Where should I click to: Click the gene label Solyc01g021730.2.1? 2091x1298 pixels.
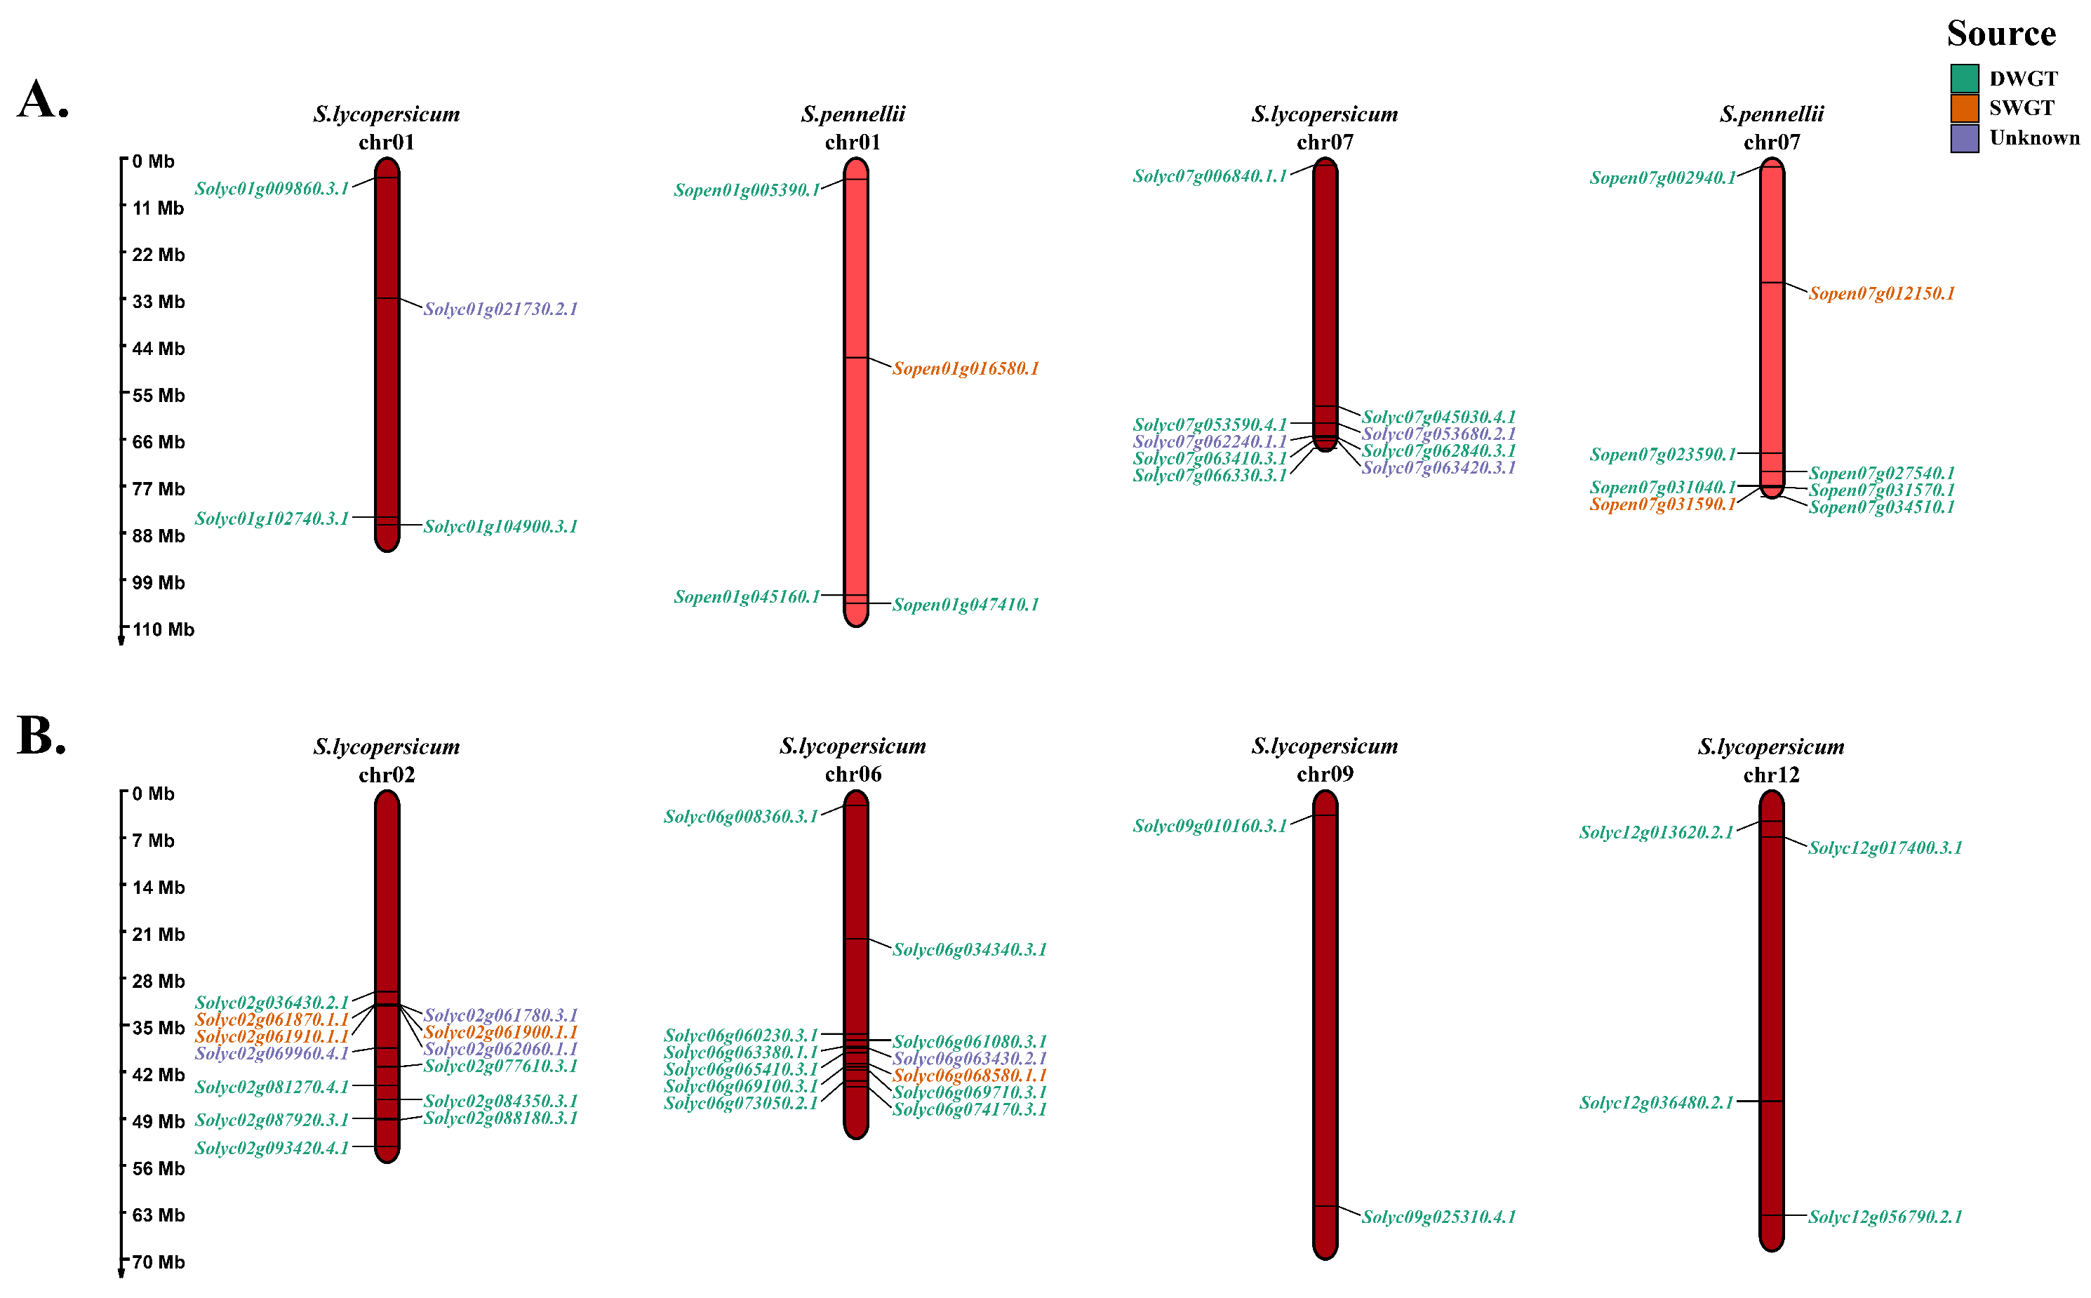[x=500, y=309]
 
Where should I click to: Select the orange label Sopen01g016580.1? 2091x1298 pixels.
[x=966, y=368]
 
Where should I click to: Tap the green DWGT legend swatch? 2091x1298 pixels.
[x=1964, y=78]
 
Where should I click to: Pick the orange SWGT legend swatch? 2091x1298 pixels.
[x=1964, y=108]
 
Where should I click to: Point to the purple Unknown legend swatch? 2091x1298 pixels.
[x=1964, y=138]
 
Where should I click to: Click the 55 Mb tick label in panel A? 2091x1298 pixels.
[x=158, y=396]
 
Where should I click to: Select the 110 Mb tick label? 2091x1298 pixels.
[x=163, y=630]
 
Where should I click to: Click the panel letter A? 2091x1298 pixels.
[x=42, y=100]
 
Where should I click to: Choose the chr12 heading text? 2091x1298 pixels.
[x=1771, y=775]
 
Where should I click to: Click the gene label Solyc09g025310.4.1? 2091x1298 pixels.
[x=1438, y=1217]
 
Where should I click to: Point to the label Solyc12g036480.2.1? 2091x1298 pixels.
[x=1656, y=1102]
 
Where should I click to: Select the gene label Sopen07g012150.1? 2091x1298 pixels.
[x=1882, y=293]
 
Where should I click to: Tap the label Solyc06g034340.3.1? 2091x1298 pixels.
[x=969, y=949]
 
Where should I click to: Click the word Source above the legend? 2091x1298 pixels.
[x=2001, y=34]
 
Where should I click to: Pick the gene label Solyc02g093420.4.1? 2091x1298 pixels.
[x=272, y=1149]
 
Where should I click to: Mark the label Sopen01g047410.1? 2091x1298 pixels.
[x=966, y=604]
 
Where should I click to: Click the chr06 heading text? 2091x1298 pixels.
[x=853, y=775]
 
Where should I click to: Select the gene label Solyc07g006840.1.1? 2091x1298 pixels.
[x=1210, y=176]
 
